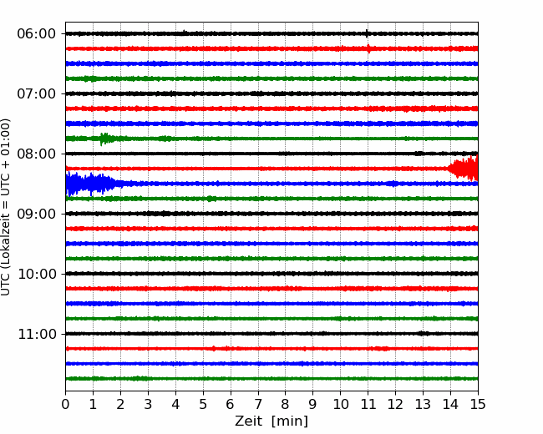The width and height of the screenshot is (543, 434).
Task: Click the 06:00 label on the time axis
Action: [x=37, y=34]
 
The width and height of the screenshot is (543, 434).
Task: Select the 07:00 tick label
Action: [x=37, y=93]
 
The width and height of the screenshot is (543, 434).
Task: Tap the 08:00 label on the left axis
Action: [x=37, y=154]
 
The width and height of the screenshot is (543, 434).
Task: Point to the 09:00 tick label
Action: [x=37, y=214]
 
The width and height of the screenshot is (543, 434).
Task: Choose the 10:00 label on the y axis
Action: [x=37, y=274]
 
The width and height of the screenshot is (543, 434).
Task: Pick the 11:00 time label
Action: [x=37, y=335]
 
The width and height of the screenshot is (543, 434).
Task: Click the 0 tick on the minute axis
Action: [x=65, y=404]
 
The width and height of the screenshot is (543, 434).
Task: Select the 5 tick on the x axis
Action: [x=203, y=404]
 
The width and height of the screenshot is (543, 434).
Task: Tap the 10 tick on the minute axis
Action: [x=340, y=404]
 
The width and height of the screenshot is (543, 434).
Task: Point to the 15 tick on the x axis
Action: [x=478, y=404]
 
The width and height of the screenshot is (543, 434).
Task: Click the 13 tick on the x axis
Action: [x=424, y=404]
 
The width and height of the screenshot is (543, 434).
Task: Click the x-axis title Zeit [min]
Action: [x=271, y=421]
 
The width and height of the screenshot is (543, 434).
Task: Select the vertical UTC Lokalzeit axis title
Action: [x=5, y=207]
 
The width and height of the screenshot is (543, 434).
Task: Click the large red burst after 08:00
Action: [x=464, y=169]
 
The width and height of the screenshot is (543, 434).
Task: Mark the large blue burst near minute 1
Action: [x=92, y=184]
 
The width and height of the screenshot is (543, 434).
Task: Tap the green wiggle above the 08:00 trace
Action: [x=104, y=139]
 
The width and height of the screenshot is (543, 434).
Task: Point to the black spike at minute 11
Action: [x=367, y=33]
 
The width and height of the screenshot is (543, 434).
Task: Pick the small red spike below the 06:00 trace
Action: [x=368, y=48]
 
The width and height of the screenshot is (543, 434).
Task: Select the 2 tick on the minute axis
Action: [x=120, y=404]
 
